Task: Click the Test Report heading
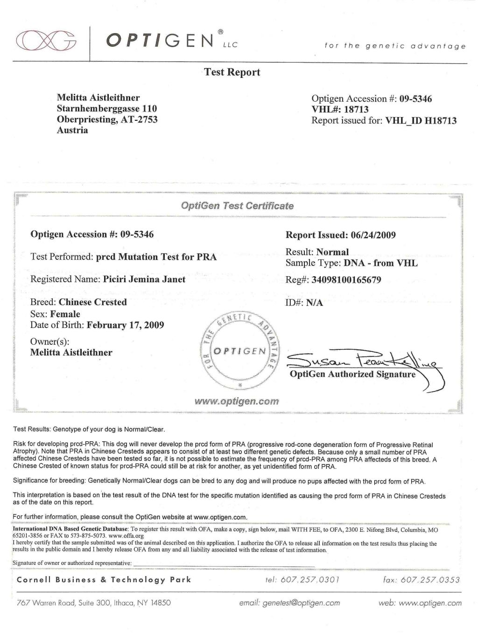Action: [232, 72]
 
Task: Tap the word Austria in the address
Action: [72, 130]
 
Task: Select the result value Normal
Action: [332, 252]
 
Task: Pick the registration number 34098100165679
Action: [343, 280]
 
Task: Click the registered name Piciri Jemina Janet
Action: [144, 279]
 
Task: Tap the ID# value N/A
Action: [314, 303]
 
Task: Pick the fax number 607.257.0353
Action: [430, 580]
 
